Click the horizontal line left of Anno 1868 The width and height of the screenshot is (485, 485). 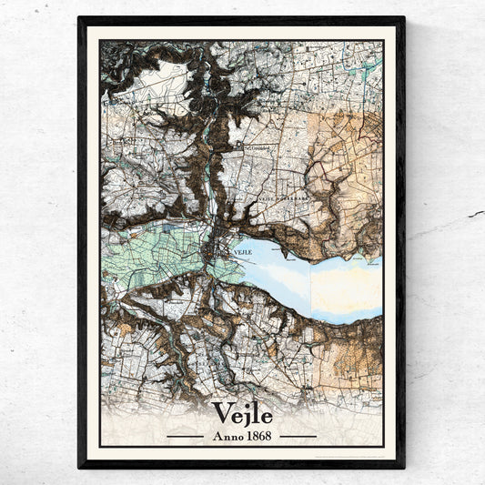click(185, 436)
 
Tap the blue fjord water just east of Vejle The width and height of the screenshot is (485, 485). click(273, 264)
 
